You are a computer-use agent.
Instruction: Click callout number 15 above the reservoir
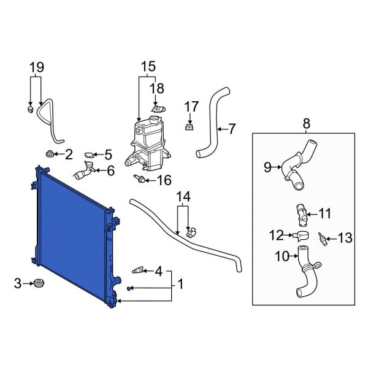point(148,66)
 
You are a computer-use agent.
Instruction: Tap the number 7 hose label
point(231,129)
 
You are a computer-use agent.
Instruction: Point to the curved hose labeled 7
point(212,120)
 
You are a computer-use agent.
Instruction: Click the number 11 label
point(324,214)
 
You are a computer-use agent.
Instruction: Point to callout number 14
point(184,197)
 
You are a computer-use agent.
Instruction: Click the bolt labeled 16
point(140,180)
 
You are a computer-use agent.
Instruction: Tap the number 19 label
point(36,66)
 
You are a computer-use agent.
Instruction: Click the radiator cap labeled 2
point(49,153)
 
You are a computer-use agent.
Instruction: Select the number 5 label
point(107,155)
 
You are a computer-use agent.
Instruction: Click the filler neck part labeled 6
point(85,172)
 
